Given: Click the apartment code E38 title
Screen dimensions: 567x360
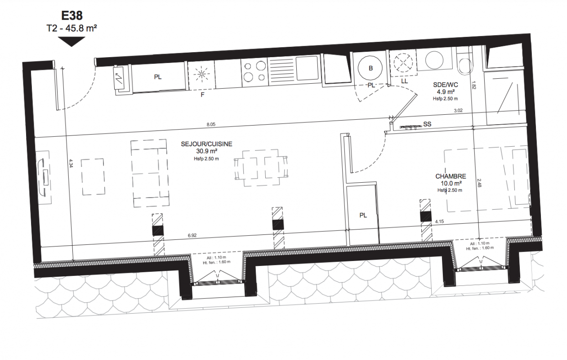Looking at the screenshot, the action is coord(72,16).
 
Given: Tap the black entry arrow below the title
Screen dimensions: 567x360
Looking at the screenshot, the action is coord(71,41).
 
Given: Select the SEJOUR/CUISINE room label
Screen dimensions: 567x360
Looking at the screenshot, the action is coord(206,144).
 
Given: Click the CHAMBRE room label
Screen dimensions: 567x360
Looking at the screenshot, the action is coord(451,176).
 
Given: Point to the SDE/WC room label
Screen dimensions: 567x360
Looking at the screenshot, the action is coord(445,85).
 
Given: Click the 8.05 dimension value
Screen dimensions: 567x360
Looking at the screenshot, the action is coord(211,124).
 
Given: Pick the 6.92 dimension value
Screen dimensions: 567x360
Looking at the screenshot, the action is coord(192,236).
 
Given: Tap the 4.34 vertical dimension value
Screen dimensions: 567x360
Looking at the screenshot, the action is coord(71,164).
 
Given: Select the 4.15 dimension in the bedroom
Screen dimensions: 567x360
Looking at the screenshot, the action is coord(439,221).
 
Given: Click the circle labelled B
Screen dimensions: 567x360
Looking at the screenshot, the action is coord(371,68).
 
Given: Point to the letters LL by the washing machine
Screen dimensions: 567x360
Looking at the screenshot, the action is coord(405,81).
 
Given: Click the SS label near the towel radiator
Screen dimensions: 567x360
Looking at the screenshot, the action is coord(427,124).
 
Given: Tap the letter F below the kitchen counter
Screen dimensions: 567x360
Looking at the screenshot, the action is coord(202,95).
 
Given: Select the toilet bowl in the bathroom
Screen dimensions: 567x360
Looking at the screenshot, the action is coord(465,66).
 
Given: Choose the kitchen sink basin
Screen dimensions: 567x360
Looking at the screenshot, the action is coord(307,67).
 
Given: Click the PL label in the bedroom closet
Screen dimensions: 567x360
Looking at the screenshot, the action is coord(363,216).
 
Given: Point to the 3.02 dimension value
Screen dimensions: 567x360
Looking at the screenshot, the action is coord(458,110).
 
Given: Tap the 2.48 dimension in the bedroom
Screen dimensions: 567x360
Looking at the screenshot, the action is coord(479,183).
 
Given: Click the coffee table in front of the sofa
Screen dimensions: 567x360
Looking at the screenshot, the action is coord(93,176).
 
